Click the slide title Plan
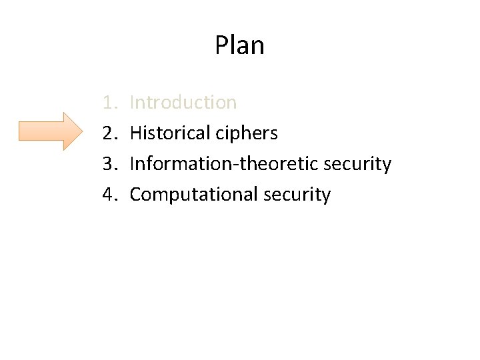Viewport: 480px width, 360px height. [x=239, y=46]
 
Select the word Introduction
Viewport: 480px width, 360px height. [x=183, y=103]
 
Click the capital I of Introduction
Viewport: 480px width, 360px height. [x=132, y=103]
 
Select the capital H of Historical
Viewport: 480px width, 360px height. [x=135, y=133]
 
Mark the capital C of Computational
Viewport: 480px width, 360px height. [x=135, y=195]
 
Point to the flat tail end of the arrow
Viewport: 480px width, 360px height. [x=20, y=131]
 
